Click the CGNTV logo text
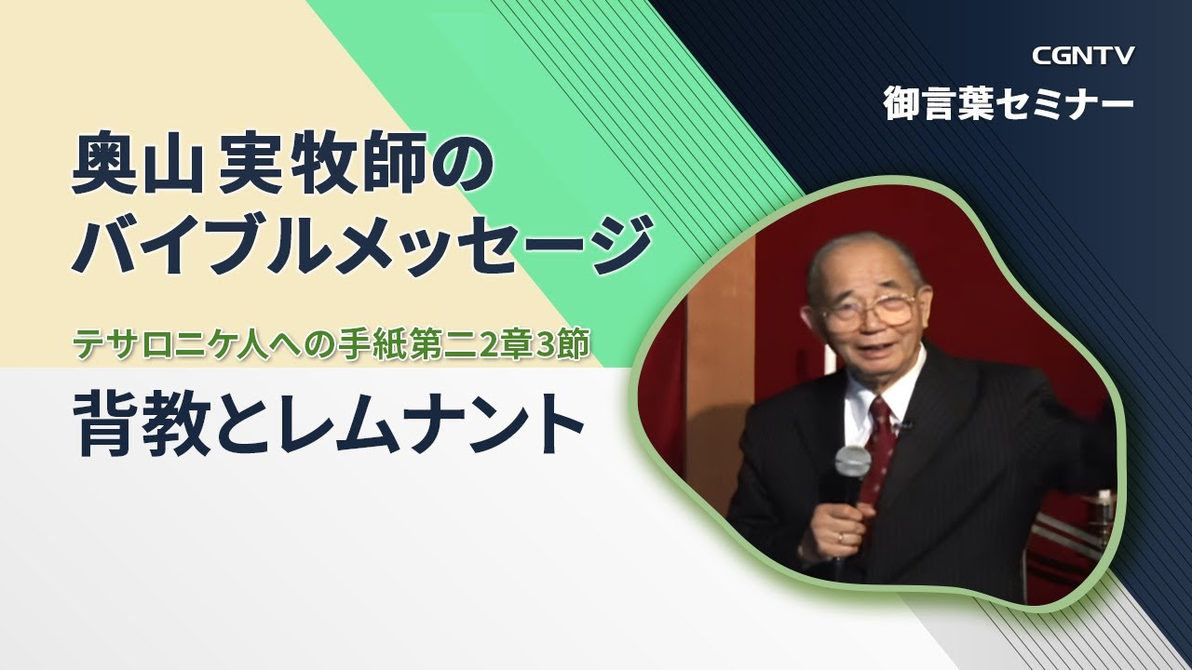1083,56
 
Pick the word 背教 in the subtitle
142,424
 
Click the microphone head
851,462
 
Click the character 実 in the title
248,167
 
